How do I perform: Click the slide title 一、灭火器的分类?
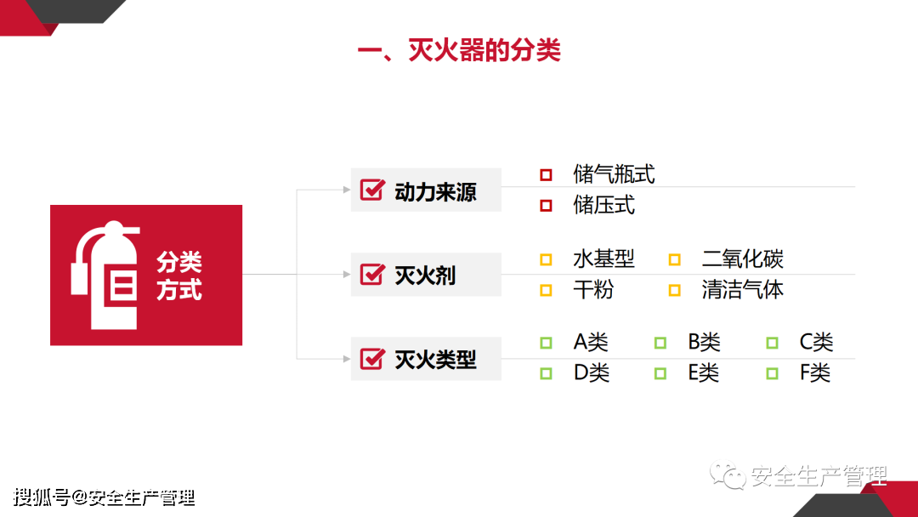pyautogui.click(x=459, y=50)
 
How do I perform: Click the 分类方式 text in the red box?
pyautogui.click(x=179, y=276)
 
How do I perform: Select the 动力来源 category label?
pyautogui.click(x=435, y=191)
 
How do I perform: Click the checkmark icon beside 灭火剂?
pyautogui.click(x=372, y=275)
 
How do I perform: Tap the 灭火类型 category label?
pyautogui.click(x=435, y=360)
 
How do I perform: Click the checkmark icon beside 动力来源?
pyautogui.click(x=372, y=190)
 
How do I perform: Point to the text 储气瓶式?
pyautogui.click(x=614, y=174)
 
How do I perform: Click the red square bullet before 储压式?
pyautogui.click(x=546, y=205)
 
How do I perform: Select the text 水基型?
pyautogui.click(x=603, y=258)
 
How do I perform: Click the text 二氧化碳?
pyautogui.click(x=742, y=258)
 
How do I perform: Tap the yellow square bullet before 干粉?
pyautogui.click(x=546, y=290)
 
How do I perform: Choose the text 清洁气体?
pyautogui.click(x=742, y=290)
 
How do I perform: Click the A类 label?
pyautogui.click(x=591, y=343)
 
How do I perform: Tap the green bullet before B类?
pyautogui.click(x=660, y=343)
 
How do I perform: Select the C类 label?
pyautogui.click(x=816, y=343)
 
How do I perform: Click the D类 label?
pyautogui.click(x=592, y=372)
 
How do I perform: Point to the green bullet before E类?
pyautogui.click(x=660, y=372)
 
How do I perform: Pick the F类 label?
pyautogui.click(x=814, y=372)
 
